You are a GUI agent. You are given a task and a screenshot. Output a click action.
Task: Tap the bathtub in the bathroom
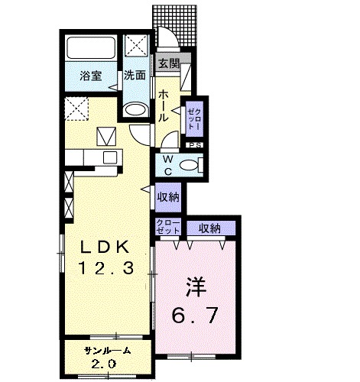coord(92,49)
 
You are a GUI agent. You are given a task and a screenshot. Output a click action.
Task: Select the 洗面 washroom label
coord(135,76)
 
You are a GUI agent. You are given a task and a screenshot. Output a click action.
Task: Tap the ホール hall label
coord(164,106)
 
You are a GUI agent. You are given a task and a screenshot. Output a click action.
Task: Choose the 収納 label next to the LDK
coord(168,197)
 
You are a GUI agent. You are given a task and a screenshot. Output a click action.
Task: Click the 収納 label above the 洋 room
coord(209,227)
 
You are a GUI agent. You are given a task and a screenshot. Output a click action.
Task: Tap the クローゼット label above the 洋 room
coord(167,227)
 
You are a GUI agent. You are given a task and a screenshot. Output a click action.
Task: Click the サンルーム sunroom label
coord(108,349)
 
